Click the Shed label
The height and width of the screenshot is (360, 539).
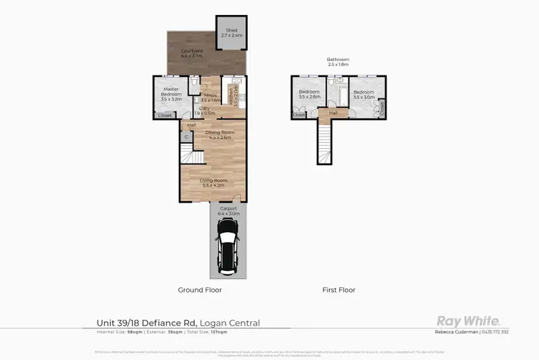coord(231,32)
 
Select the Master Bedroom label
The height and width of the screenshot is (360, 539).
coord(170,92)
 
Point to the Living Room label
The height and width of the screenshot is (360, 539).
coord(213,183)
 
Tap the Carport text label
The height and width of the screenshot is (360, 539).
coord(229,211)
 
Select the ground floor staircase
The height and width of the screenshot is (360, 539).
coord(189,154)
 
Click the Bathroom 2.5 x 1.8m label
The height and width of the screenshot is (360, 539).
coord(337,63)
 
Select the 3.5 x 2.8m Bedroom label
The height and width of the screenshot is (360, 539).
coord(309,94)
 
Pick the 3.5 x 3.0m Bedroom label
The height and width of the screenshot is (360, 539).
coord(364,94)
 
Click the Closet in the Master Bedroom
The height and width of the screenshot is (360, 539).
coord(165,115)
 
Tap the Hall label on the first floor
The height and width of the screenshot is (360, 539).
coord(333,113)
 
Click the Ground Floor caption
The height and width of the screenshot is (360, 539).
coord(200,290)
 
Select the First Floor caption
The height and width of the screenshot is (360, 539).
coord(338,290)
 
